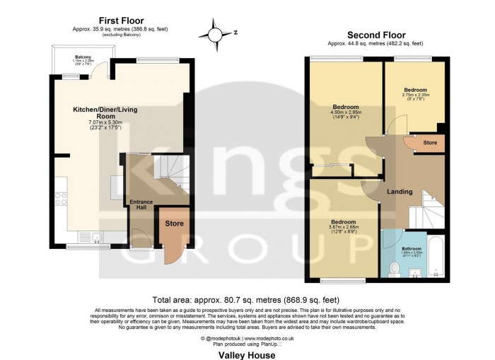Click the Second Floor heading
point(375,34)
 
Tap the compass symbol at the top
point(214,33)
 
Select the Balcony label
point(83,57)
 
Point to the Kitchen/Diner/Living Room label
point(105,114)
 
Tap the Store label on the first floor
point(174,224)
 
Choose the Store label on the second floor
point(430,143)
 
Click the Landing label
point(400,191)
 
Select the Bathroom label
point(412,248)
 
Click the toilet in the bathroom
point(395,268)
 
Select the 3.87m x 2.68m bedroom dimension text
point(342,228)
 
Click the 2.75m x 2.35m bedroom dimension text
point(415,95)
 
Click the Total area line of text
point(247,300)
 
